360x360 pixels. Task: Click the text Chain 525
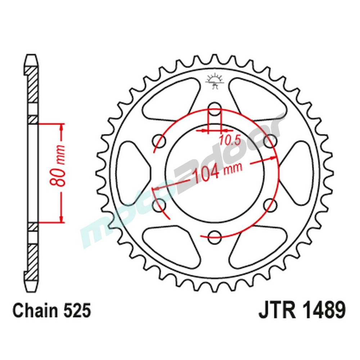coord(51,311)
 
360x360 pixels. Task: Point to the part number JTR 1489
coord(302,310)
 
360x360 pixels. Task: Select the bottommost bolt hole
coord(215,236)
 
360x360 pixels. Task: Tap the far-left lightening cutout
coord(132,172)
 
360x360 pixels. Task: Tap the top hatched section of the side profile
coord(33,84)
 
